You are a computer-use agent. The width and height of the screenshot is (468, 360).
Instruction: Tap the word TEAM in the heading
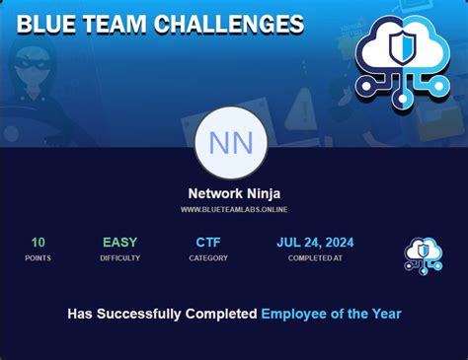tap(118, 24)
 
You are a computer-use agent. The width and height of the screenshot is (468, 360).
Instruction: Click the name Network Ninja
tap(234, 194)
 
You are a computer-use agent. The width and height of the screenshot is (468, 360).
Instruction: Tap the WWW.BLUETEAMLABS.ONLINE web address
tap(234, 209)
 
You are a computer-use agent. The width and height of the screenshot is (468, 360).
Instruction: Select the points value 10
tap(38, 242)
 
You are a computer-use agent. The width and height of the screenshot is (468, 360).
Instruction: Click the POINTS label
tap(38, 258)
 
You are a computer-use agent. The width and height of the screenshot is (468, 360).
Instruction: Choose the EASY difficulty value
tap(119, 242)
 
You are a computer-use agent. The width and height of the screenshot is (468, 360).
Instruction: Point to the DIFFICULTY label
tap(119, 258)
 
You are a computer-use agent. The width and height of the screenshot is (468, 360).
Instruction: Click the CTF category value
tap(208, 242)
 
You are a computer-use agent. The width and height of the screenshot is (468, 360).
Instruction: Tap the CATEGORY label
tap(208, 258)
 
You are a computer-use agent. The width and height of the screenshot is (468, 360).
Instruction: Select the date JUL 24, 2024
tap(315, 242)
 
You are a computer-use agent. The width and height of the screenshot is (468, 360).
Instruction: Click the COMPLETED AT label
tap(315, 258)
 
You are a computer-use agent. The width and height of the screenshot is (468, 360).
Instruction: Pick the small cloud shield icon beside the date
tap(424, 253)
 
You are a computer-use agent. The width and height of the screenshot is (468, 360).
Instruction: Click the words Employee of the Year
tap(331, 314)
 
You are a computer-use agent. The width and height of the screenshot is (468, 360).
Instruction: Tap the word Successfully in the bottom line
tap(142, 314)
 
